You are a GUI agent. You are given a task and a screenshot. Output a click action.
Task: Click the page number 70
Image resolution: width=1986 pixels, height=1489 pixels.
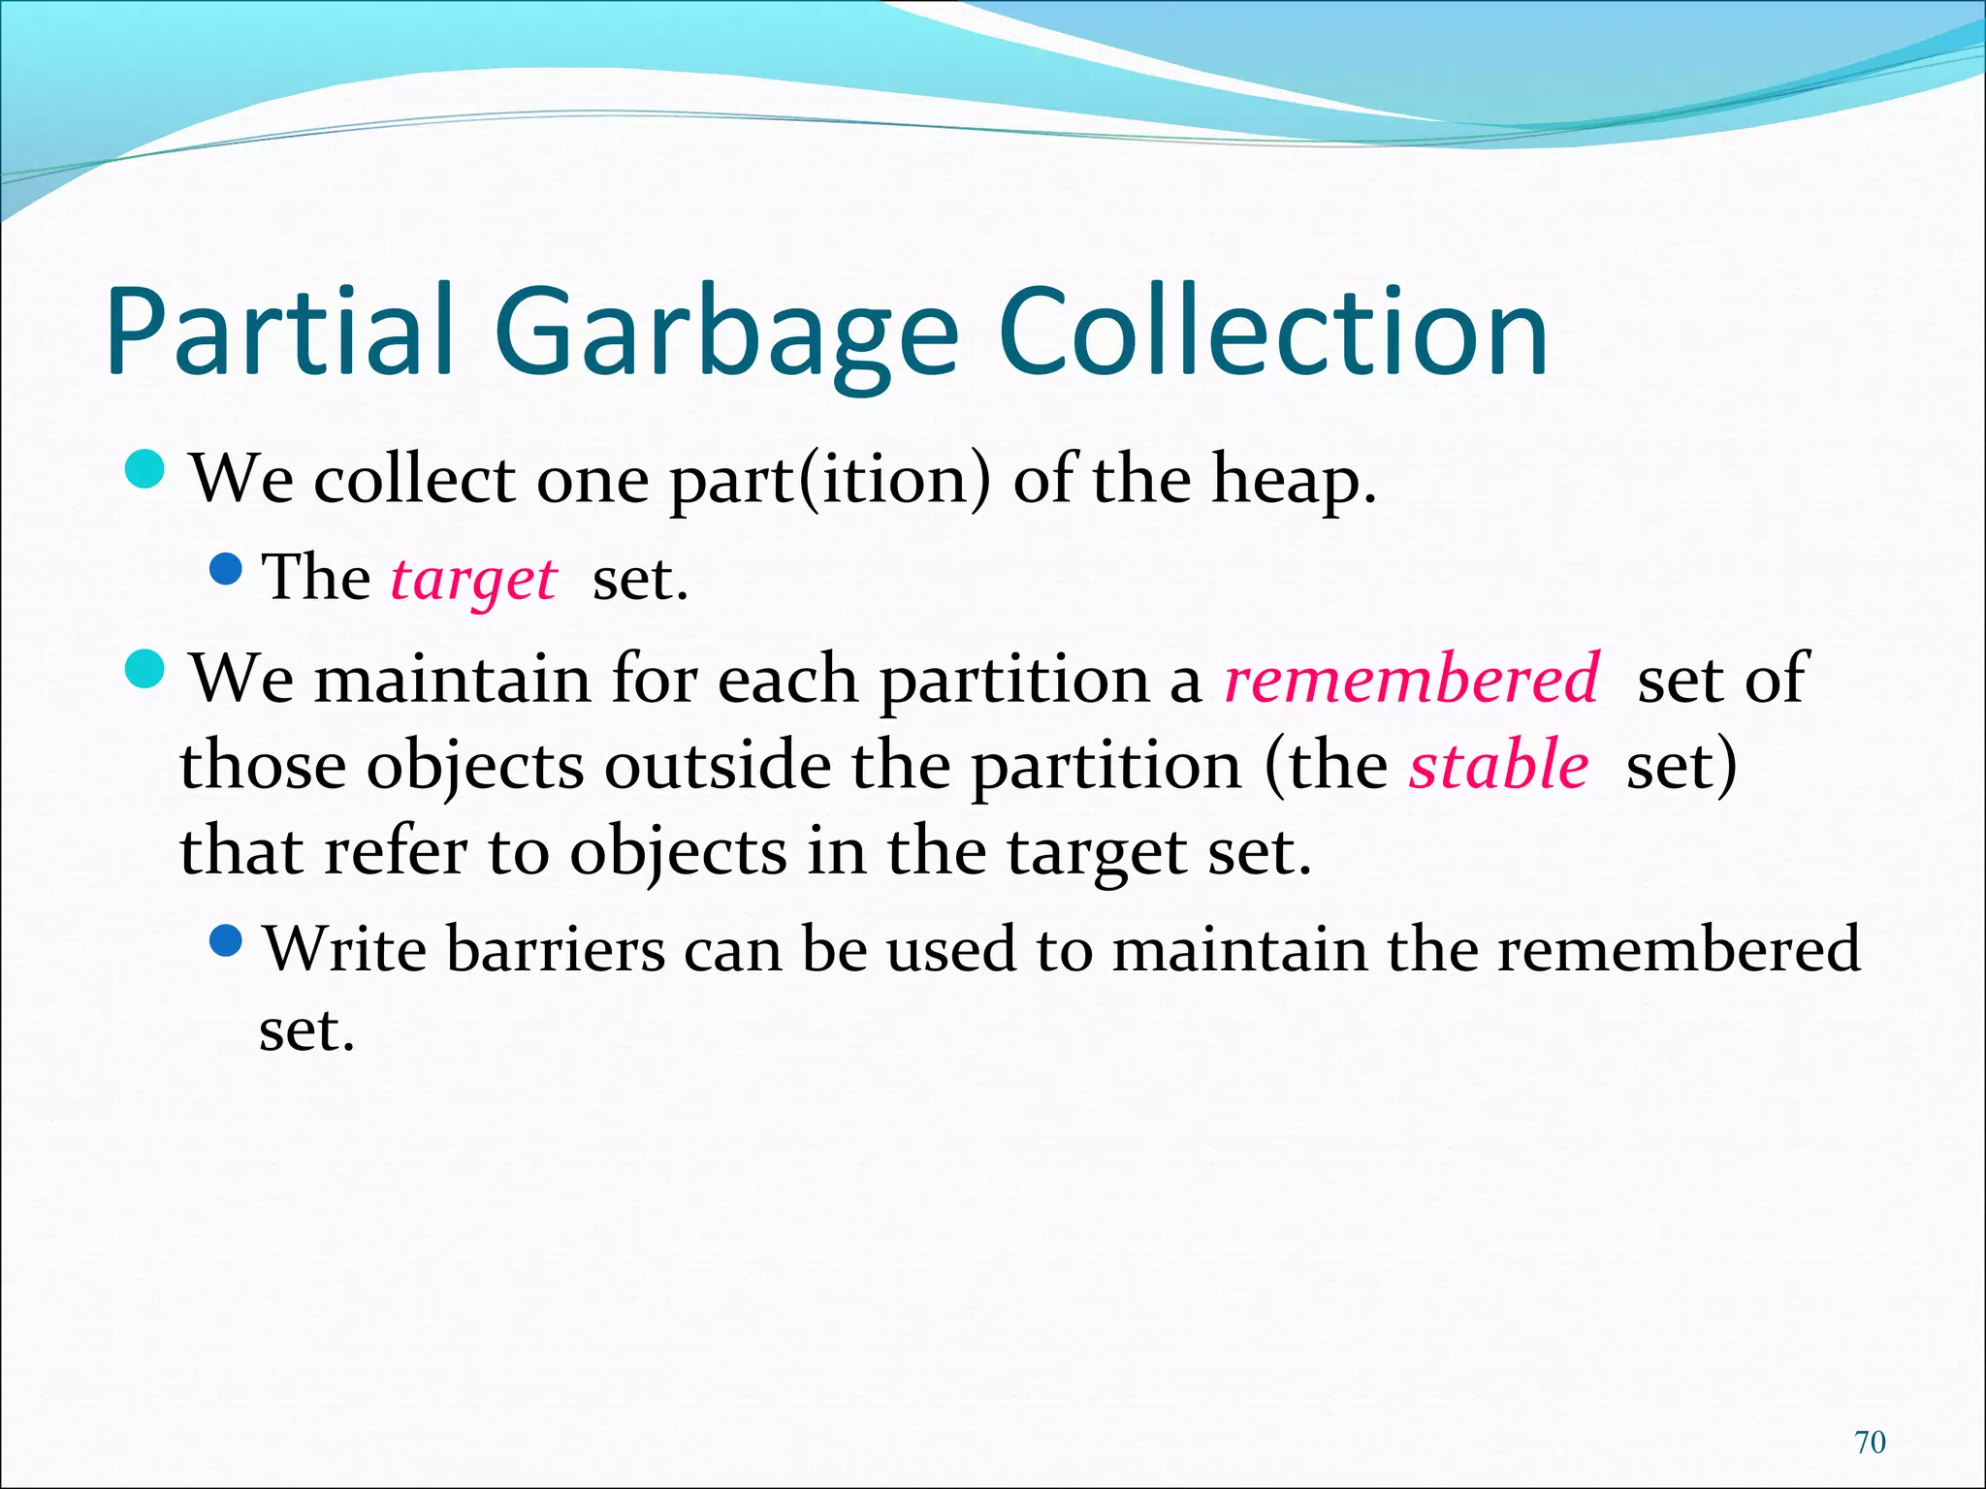pyautogui.click(x=1870, y=1442)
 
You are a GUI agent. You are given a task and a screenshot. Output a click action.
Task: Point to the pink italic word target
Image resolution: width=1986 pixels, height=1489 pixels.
pyautogui.click(x=473, y=580)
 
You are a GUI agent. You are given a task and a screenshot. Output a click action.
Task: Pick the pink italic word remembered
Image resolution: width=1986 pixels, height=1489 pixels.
pyautogui.click(x=1411, y=678)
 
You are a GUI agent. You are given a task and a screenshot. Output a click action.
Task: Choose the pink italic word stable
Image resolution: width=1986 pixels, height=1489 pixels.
pyautogui.click(x=1498, y=765)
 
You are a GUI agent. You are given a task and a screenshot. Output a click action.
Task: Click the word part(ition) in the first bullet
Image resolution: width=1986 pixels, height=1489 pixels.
pyautogui.click(x=830, y=480)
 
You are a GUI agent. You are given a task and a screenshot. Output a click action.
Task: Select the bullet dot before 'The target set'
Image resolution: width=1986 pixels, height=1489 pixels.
pyautogui.click(x=225, y=569)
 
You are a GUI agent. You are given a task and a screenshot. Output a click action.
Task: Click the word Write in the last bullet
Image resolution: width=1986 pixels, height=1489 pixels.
pyautogui.click(x=345, y=948)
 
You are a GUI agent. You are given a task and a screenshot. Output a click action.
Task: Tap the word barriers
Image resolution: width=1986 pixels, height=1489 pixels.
pyautogui.click(x=556, y=948)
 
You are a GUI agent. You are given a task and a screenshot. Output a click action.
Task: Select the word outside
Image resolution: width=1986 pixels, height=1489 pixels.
pyautogui.click(x=718, y=765)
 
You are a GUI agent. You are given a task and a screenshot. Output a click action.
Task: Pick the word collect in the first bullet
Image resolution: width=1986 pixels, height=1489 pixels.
pyautogui.click(x=414, y=480)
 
